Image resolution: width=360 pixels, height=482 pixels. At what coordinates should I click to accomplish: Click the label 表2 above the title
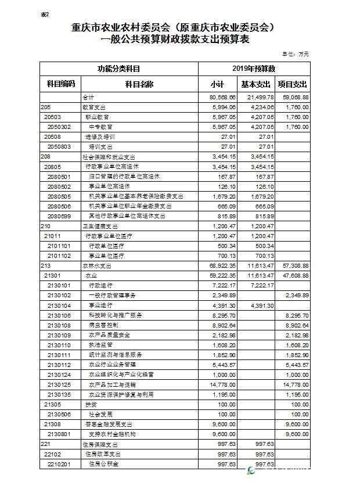[45, 14]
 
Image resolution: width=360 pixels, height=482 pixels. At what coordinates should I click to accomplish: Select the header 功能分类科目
[118, 69]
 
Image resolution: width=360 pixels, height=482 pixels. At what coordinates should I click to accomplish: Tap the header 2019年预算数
[253, 69]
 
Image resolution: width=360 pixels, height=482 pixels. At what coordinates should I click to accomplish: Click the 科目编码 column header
[60, 84]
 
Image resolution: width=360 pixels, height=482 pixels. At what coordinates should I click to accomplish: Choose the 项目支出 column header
[293, 84]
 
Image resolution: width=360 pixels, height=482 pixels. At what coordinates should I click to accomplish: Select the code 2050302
[59, 127]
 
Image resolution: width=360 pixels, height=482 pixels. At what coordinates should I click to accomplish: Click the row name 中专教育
[100, 127]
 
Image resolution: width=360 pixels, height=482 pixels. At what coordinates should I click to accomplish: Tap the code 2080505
[59, 196]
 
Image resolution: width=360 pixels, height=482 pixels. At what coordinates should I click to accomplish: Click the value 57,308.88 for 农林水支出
[294, 265]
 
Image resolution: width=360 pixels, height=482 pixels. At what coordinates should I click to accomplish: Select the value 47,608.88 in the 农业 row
[294, 275]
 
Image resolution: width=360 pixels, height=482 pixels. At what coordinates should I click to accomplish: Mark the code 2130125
[59, 384]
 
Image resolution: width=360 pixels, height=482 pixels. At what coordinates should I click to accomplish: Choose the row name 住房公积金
[103, 463]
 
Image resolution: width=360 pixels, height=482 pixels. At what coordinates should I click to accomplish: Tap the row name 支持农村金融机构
[111, 433]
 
